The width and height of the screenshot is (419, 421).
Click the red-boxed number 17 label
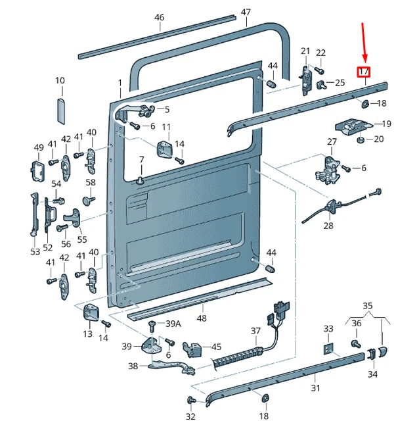coord(364,72)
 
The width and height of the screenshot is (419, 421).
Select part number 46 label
coord(159,18)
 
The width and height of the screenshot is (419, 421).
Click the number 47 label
coord(246,12)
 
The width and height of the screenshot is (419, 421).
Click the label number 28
coord(328,226)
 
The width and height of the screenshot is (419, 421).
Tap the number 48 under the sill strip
coord(201,318)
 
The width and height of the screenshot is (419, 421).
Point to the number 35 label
coord(367,305)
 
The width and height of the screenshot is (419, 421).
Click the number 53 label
coord(35,251)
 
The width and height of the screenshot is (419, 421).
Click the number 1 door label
coord(120,83)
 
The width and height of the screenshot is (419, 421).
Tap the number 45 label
coord(215,347)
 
